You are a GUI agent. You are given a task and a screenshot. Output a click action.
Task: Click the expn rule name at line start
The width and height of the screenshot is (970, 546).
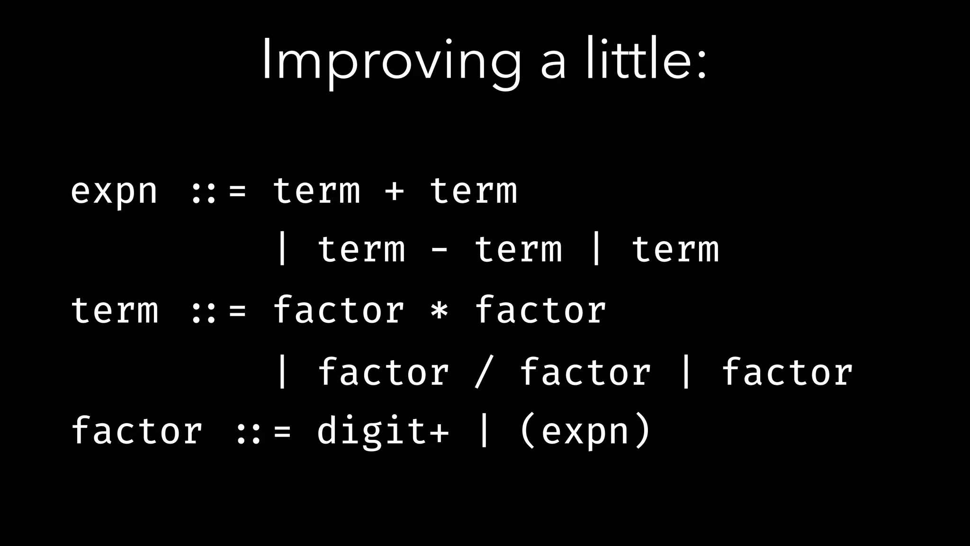pos(114,191)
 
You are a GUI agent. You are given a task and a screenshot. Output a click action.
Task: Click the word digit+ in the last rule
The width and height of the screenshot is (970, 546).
pos(382,431)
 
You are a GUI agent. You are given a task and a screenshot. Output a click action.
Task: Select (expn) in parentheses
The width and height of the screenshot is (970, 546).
pos(585,431)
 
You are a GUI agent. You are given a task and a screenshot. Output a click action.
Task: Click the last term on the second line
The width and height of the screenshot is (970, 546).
pos(675,250)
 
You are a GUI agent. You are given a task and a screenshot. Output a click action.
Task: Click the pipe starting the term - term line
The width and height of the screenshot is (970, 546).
pos(282,250)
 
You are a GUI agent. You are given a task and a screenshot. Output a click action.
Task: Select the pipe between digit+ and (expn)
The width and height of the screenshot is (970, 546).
pos(484,431)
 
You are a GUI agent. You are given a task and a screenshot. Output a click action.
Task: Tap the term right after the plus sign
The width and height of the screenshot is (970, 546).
pos(473,191)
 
